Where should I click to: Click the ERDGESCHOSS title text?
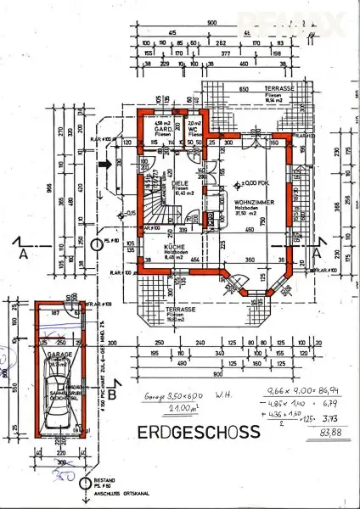(198, 432)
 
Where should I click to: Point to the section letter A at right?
(317, 253)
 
